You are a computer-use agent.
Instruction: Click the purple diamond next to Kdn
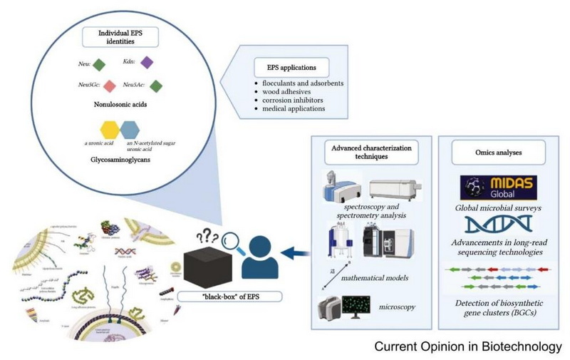pyautogui.click(x=147, y=63)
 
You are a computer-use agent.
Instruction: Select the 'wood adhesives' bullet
pyautogui.click(x=289, y=93)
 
